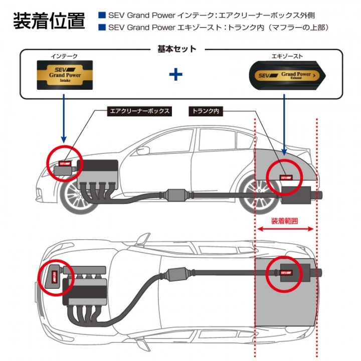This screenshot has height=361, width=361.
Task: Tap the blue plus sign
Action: click(x=175, y=75)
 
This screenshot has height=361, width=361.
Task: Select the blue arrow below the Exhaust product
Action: click(x=284, y=123)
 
